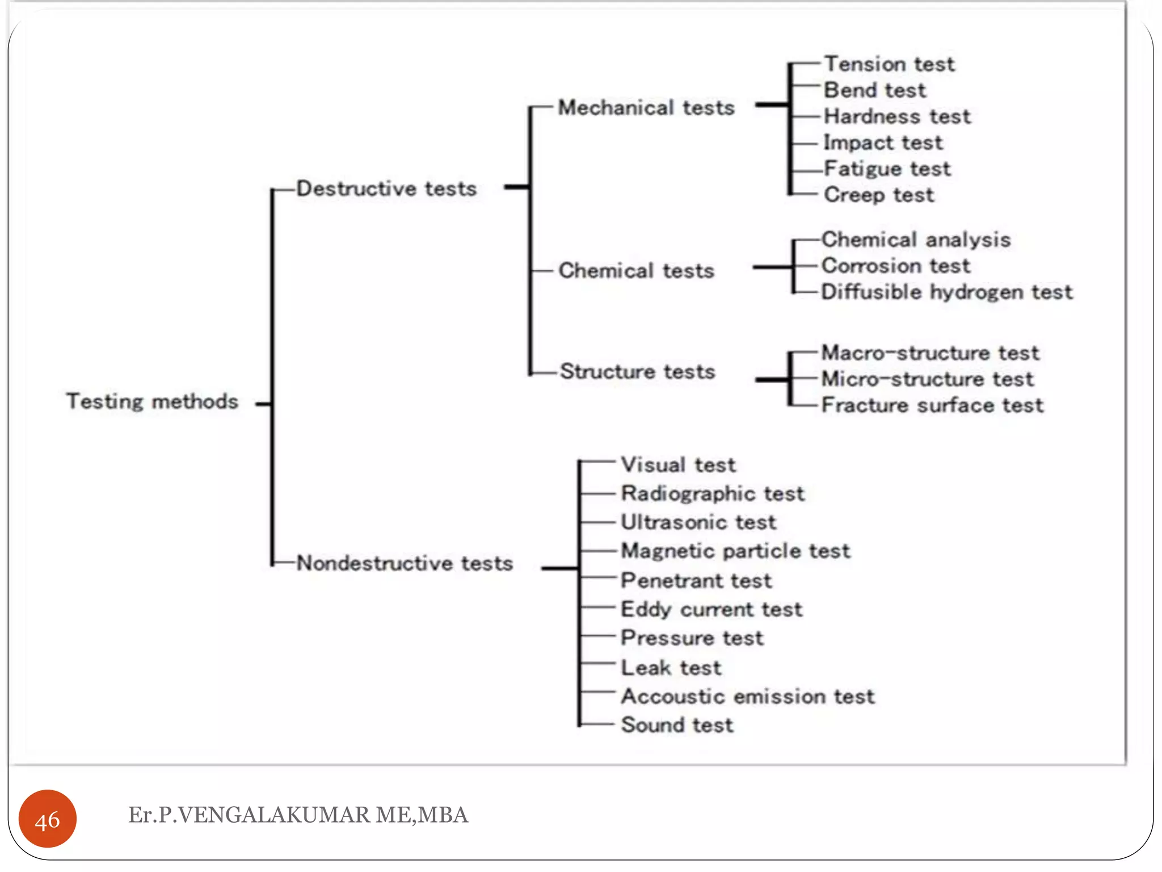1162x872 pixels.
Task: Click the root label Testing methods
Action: click(x=152, y=401)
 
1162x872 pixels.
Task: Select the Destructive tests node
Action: click(x=386, y=188)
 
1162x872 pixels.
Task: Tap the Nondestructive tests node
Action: click(x=405, y=563)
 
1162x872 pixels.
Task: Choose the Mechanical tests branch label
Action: click(x=646, y=108)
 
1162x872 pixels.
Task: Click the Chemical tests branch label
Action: click(x=636, y=271)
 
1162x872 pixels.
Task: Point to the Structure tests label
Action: click(x=637, y=371)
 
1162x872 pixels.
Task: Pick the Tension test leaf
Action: click(x=889, y=64)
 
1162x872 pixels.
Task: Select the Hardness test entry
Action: click(x=897, y=116)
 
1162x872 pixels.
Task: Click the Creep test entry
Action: click(x=878, y=195)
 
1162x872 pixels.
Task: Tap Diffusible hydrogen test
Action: click(x=946, y=292)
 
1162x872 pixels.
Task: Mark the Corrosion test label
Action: click(x=896, y=266)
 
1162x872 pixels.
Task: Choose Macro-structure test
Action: click(x=930, y=353)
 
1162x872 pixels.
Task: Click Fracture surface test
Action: click(x=932, y=405)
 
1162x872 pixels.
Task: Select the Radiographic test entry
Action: click(x=713, y=493)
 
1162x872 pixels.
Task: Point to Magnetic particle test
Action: click(x=735, y=551)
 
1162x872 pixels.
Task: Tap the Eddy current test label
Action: click(x=711, y=609)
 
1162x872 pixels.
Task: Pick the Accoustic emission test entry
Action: click(x=748, y=696)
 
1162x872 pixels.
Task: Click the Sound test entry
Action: click(x=677, y=725)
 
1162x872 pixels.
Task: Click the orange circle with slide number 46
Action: click(x=48, y=819)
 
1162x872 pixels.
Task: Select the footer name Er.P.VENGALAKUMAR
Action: click(x=298, y=815)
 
